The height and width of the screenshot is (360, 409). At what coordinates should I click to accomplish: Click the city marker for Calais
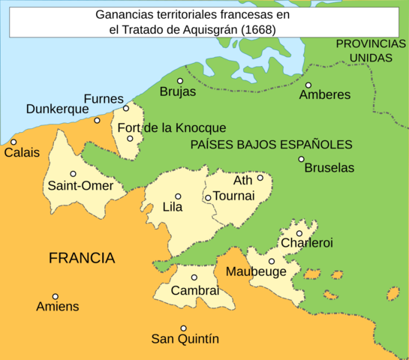point(14,142)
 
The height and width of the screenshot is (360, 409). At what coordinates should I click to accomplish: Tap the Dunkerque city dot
point(97,120)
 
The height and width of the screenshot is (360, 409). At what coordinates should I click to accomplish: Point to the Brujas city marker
point(180,81)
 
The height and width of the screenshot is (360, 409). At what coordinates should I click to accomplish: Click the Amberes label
point(324,95)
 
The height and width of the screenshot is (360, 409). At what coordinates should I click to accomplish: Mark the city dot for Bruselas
point(301,159)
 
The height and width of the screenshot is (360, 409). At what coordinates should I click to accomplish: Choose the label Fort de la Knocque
point(171,128)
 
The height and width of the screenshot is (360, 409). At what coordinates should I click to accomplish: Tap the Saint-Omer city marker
point(73,174)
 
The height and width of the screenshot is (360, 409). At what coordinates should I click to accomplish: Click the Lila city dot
point(178,196)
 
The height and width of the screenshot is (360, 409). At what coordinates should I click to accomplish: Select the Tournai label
point(234,196)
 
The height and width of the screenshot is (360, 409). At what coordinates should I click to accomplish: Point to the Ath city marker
point(260,178)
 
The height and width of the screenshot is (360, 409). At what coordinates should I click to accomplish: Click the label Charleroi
point(306,243)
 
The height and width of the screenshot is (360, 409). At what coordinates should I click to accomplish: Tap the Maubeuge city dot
point(272,262)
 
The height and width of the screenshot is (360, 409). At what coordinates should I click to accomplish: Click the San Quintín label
point(183,338)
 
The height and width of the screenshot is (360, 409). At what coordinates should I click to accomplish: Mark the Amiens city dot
point(55,296)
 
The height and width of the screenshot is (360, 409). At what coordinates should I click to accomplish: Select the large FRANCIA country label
point(82,259)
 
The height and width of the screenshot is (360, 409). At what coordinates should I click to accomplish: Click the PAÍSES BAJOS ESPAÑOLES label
point(271,145)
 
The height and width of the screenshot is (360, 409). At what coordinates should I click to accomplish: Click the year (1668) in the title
point(253,29)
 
